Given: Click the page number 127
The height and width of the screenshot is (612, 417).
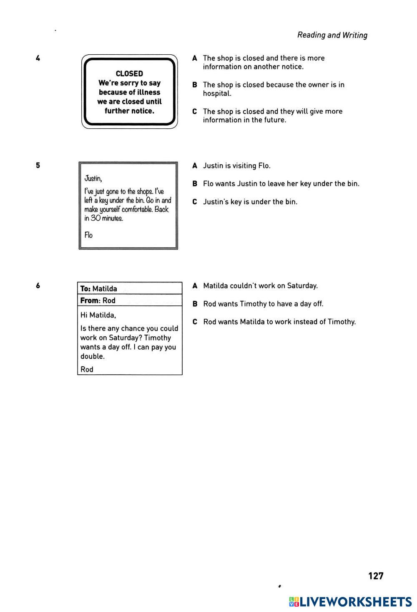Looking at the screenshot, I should click(376, 576).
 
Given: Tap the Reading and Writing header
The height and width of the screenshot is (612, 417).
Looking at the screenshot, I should click(332, 35).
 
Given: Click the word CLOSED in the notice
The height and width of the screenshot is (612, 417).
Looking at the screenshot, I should click(129, 74).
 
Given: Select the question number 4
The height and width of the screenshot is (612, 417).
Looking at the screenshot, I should click(38, 58).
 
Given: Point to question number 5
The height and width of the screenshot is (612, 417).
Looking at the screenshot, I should click(38, 165).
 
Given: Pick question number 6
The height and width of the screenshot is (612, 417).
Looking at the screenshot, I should click(38, 286).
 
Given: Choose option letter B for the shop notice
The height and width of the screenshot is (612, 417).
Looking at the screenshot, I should click(194, 85).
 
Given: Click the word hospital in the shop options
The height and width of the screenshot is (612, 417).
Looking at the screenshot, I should click(216, 94).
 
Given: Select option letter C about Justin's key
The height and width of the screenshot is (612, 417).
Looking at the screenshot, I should click(194, 202).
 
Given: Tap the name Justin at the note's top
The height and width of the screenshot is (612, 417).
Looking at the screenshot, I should click(93, 179).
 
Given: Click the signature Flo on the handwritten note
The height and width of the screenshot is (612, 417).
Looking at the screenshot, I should click(88, 235).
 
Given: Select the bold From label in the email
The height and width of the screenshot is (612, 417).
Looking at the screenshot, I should click(90, 300).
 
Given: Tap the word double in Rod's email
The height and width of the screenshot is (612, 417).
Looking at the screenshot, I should click(92, 356).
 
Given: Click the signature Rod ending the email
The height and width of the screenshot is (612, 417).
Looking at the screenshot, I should click(87, 369).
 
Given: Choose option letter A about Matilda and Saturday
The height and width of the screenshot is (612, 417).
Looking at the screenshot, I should click(194, 286).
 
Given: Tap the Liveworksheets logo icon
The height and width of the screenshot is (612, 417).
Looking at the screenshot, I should click(294, 602).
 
